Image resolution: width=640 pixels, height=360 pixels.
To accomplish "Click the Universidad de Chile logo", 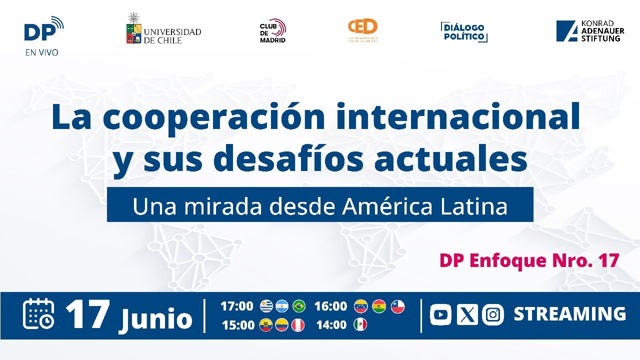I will pyautogui.click(x=163, y=29).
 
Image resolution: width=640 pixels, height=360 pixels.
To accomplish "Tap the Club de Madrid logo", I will pyautogui.click(x=272, y=30).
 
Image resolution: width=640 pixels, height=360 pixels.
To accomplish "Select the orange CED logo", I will pyautogui.click(x=363, y=30).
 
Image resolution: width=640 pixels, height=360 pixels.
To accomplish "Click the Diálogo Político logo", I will pyautogui.click(x=464, y=32).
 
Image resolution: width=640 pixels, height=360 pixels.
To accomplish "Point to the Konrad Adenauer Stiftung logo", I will pyautogui.click(x=590, y=31).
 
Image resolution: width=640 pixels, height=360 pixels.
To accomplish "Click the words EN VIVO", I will pyautogui.click(x=41, y=51).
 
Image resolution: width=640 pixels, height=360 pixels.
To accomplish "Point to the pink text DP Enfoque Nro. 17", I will pyautogui.click(x=529, y=260).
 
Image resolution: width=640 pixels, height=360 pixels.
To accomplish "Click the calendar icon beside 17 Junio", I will pyautogui.click(x=39, y=314).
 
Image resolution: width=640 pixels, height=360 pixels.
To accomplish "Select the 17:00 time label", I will pyautogui.click(x=237, y=306).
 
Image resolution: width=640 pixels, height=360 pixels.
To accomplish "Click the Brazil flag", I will pyautogui.click(x=299, y=306).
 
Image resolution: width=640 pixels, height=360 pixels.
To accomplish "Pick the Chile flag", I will pyautogui.click(x=397, y=306).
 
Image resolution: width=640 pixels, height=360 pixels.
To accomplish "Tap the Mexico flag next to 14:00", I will pyautogui.click(x=360, y=325).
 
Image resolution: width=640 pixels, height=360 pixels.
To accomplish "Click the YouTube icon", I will pyautogui.click(x=440, y=314).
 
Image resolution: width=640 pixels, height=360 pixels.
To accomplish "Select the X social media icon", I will pyautogui.click(x=467, y=314).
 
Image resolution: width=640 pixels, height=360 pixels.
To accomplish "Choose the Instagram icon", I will pyautogui.click(x=493, y=314).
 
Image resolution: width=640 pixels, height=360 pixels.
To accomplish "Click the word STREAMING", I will pyautogui.click(x=569, y=314).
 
